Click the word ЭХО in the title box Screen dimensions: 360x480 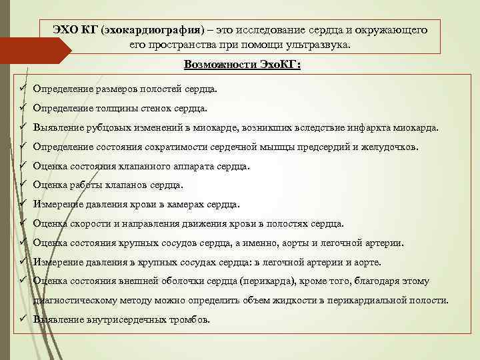click(x=67, y=31)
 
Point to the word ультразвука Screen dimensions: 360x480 click(x=321, y=45)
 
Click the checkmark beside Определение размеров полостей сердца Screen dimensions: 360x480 click(x=22, y=88)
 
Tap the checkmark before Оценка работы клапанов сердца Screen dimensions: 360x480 click(x=22, y=185)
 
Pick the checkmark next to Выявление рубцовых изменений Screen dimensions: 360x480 click(x=22, y=127)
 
